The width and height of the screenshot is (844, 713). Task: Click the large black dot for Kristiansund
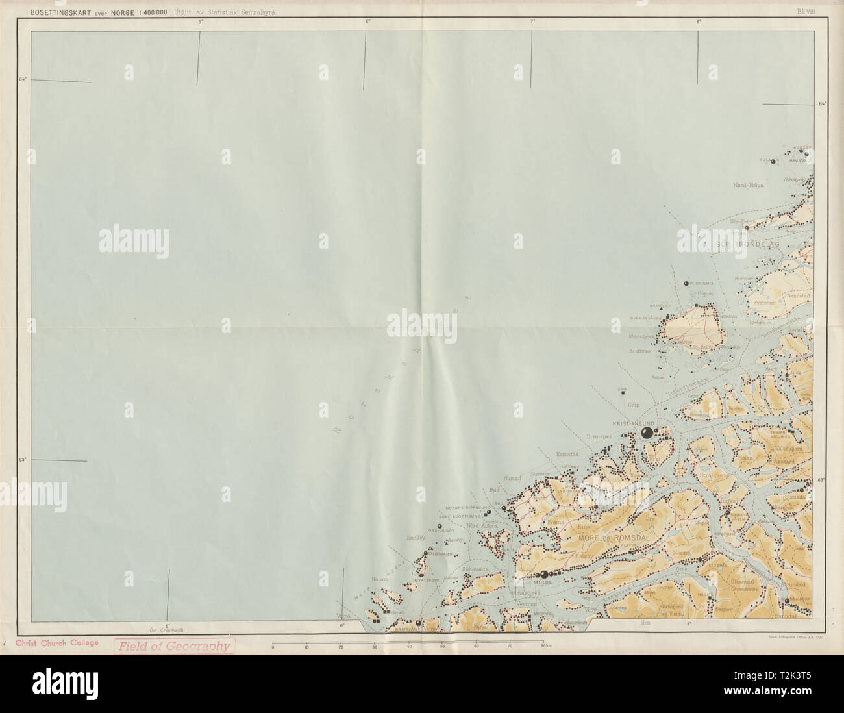point(647,433)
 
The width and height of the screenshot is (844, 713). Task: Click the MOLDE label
point(541,583)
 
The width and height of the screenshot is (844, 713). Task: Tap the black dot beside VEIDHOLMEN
point(686,284)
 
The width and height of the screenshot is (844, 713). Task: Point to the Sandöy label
point(415,538)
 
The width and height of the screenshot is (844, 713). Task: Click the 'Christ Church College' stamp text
point(56,643)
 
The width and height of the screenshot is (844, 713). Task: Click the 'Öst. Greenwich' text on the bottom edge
point(167,629)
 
